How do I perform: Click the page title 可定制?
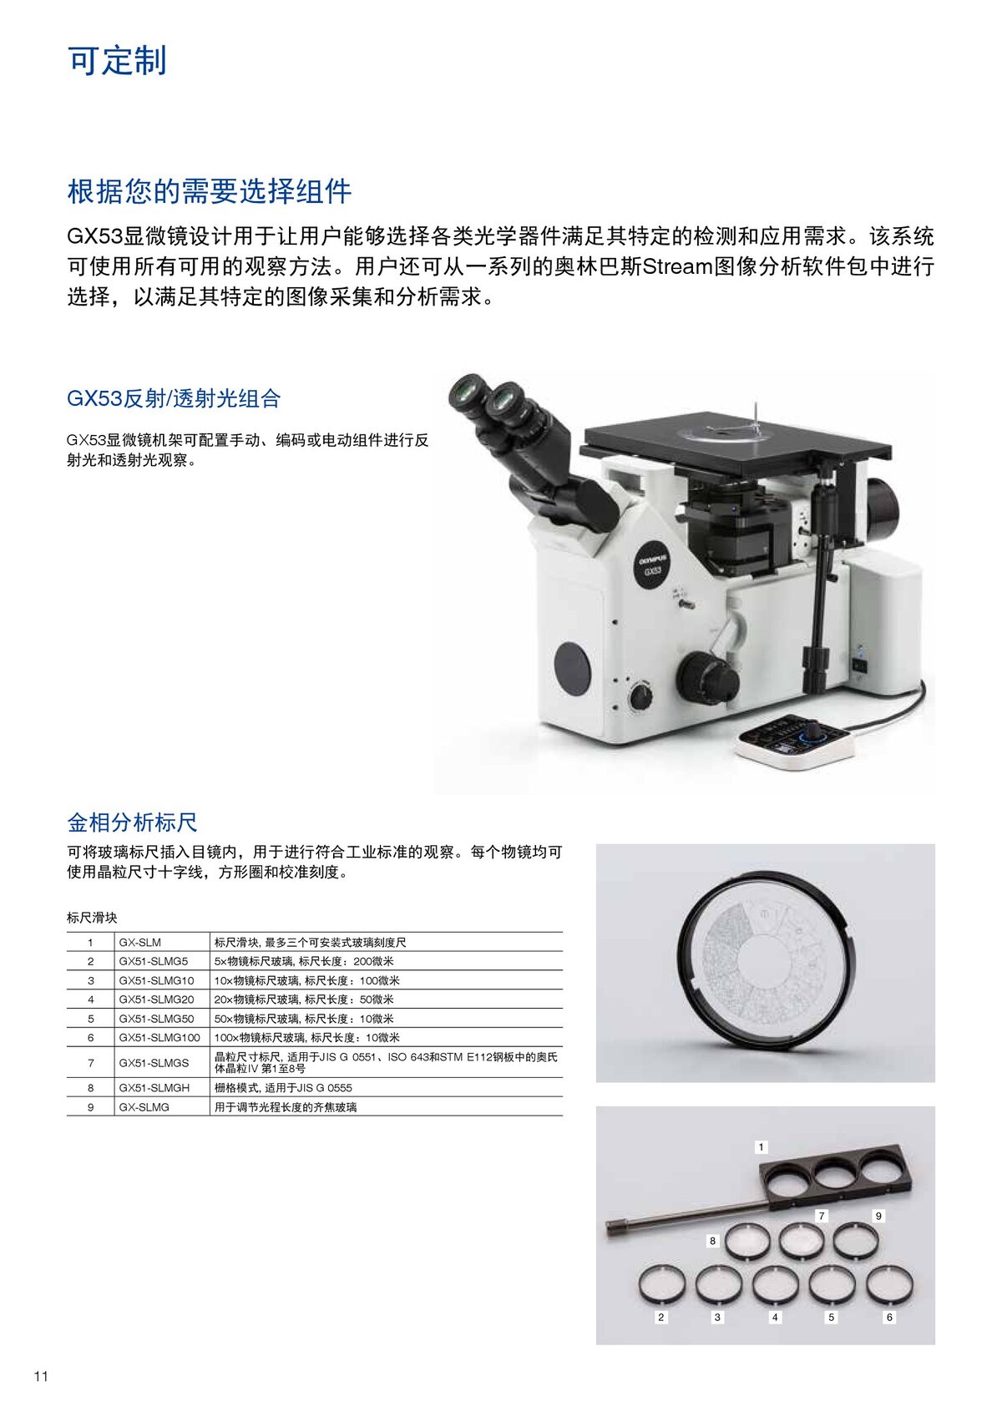click(117, 61)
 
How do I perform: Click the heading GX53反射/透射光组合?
click(174, 398)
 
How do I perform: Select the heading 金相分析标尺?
click(132, 822)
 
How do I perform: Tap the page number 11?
click(42, 1376)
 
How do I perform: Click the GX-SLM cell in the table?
click(139, 942)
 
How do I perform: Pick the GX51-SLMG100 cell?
click(159, 1037)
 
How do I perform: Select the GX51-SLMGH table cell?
click(154, 1088)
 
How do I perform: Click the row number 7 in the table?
click(91, 1063)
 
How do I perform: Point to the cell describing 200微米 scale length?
click(304, 961)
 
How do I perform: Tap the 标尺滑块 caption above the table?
click(92, 918)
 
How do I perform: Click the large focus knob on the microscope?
click(706, 677)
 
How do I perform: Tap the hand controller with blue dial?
click(795, 741)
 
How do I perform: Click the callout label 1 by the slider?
click(761, 1147)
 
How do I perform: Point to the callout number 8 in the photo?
click(712, 1241)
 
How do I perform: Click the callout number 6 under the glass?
click(889, 1317)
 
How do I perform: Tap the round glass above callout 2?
click(661, 1283)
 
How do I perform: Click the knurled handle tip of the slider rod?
click(616, 1227)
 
